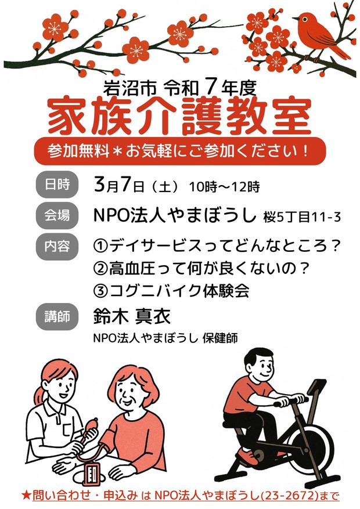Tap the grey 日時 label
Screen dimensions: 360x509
click(57, 185)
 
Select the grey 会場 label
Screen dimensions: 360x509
click(57, 215)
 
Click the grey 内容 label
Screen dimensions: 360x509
click(57, 247)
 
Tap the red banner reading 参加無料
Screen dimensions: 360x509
click(179, 151)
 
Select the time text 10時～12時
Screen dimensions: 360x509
click(224, 187)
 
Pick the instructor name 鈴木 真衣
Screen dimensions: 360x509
click(132, 316)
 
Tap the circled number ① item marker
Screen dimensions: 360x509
click(100, 247)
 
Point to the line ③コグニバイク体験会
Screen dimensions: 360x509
click(171, 291)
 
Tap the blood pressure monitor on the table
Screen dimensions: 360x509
click(92, 474)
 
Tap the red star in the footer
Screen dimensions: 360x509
click(26, 496)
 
